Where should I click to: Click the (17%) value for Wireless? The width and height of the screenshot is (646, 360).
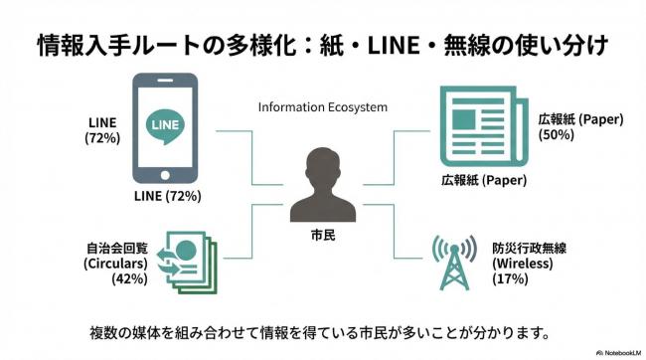click(511, 279)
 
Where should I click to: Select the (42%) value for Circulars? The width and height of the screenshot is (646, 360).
click(129, 279)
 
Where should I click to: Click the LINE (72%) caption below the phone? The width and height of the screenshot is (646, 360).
click(167, 196)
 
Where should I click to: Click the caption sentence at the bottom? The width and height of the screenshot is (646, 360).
click(323, 329)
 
